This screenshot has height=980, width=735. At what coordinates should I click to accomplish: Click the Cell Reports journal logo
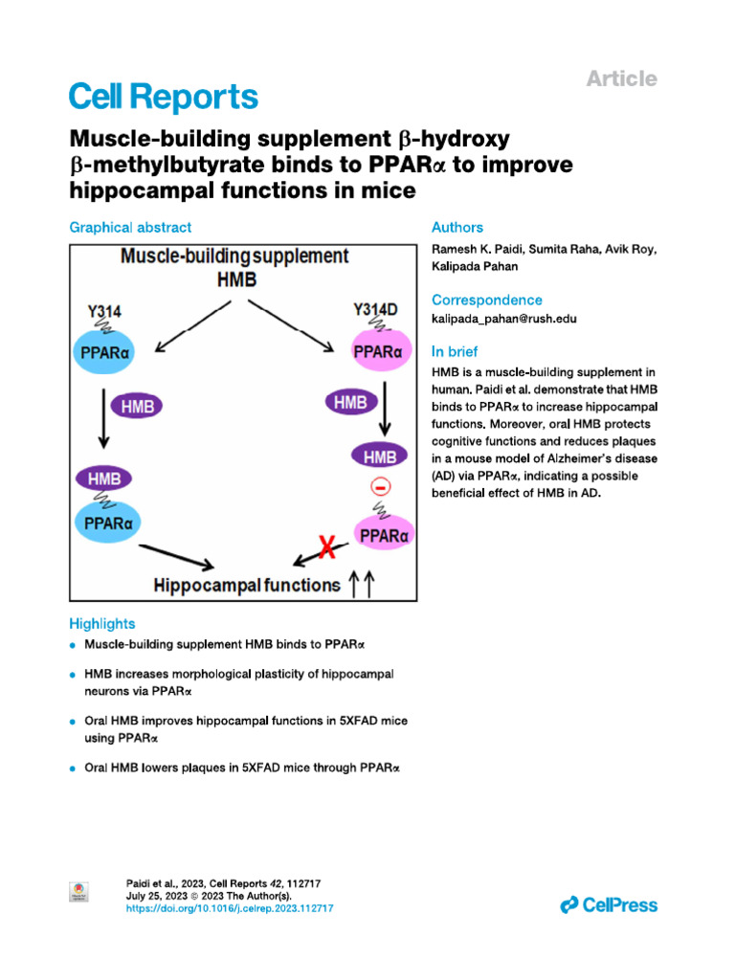164,97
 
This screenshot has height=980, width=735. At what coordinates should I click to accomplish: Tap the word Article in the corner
621,78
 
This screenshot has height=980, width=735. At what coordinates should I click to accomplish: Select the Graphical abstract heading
130,228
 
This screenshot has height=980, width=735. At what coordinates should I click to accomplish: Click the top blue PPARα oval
106,350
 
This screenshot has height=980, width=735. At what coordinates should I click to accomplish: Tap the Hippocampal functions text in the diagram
247,584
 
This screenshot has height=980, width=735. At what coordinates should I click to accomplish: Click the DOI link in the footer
230,908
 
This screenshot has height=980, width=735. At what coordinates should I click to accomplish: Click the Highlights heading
102,623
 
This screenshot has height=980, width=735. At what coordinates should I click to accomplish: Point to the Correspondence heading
486,300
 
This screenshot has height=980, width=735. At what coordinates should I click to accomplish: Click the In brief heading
455,351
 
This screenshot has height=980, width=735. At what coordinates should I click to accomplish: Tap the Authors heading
457,228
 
